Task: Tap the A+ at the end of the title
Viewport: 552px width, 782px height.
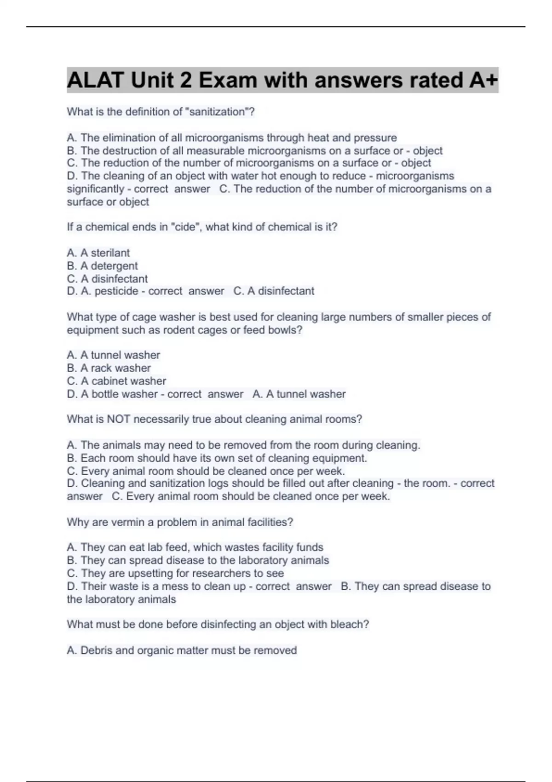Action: pos(483,80)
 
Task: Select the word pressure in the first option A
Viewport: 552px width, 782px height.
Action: pos(375,138)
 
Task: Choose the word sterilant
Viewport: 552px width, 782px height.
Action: pos(110,253)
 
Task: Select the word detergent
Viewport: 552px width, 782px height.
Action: pos(114,266)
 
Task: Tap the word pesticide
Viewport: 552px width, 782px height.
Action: pos(116,291)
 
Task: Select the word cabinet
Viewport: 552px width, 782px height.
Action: pos(109,381)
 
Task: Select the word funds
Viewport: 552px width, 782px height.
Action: pos(310,547)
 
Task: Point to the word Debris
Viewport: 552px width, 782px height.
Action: pos(96,650)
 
